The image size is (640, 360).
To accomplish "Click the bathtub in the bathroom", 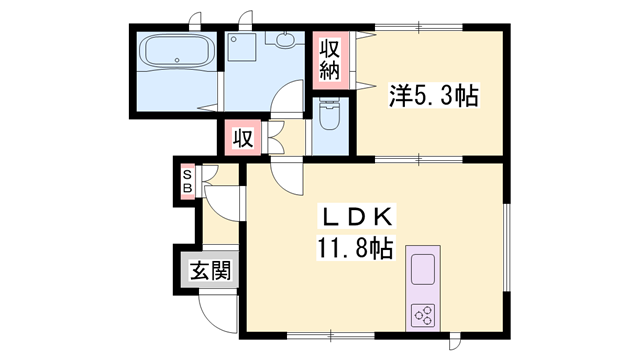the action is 177,52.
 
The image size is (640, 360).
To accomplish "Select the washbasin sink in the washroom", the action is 284,40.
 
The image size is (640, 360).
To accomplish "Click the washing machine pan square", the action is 242,48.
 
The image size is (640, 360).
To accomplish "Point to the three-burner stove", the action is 422,316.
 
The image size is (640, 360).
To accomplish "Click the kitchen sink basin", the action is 422,269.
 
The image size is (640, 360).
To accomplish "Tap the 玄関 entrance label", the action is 211,271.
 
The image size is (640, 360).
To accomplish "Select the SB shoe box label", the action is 187,181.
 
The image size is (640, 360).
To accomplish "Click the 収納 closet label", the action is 329,60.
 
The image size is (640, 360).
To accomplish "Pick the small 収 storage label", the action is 243,138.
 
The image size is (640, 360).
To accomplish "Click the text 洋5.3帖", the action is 433,96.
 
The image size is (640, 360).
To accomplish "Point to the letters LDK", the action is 357,217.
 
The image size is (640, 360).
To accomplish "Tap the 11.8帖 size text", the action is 355,248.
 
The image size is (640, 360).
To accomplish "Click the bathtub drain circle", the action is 177,60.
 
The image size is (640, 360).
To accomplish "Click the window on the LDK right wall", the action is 507,247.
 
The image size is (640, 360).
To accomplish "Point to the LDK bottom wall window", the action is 330,336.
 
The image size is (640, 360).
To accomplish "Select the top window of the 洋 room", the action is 419,27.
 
